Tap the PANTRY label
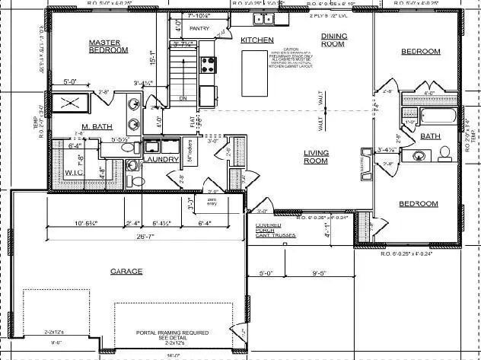(x=199, y=29)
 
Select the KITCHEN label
(x=257, y=40)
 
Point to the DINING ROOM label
(x=335, y=40)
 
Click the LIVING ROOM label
(x=316, y=157)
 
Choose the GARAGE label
(x=127, y=271)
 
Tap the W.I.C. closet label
(x=75, y=172)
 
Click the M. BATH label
(x=99, y=127)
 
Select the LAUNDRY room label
(x=162, y=160)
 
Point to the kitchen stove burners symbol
(x=208, y=63)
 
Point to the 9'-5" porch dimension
(x=317, y=272)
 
